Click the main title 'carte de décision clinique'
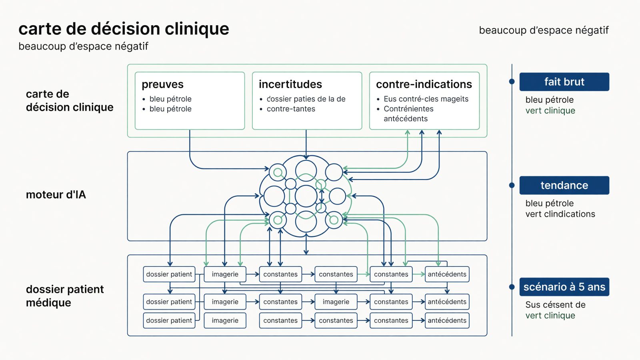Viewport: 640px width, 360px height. click(x=124, y=29)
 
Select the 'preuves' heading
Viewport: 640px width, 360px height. click(x=162, y=84)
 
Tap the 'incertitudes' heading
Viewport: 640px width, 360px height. click(x=290, y=84)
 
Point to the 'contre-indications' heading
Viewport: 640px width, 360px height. click(x=424, y=84)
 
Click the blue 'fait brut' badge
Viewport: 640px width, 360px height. click(x=564, y=82)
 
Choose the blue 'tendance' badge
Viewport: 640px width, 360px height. click(x=564, y=186)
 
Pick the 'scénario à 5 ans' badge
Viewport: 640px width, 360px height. click(x=564, y=287)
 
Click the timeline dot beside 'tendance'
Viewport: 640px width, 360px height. click(x=512, y=186)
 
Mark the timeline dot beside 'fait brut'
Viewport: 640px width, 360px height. click(x=512, y=82)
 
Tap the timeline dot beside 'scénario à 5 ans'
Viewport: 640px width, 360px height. click(x=512, y=287)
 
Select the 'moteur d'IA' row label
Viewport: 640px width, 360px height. click(x=56, y=195)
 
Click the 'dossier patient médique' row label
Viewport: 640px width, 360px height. click(x=65, y=296)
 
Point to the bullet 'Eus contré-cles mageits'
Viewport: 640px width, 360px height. click(x=426, y=99)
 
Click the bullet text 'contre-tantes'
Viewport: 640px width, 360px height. click(x=291, y=109)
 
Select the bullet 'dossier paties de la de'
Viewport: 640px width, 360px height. click(x=306, y=99)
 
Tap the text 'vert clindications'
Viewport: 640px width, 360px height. click(x=560, y=214)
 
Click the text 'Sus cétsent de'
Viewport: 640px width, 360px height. click(x=556, y=305)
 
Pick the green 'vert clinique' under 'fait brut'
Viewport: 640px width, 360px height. click(x=550, y=110)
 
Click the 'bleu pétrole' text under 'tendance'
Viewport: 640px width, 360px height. click(x=550, y=204)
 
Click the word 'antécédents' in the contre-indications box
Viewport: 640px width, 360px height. click(x=406, y=119)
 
